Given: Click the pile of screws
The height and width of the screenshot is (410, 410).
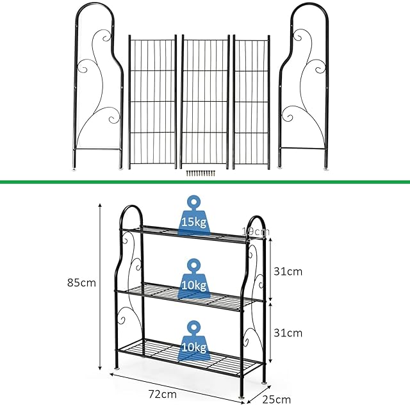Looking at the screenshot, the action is point(200,172).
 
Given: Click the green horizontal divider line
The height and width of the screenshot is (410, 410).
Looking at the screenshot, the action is point(205,183).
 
